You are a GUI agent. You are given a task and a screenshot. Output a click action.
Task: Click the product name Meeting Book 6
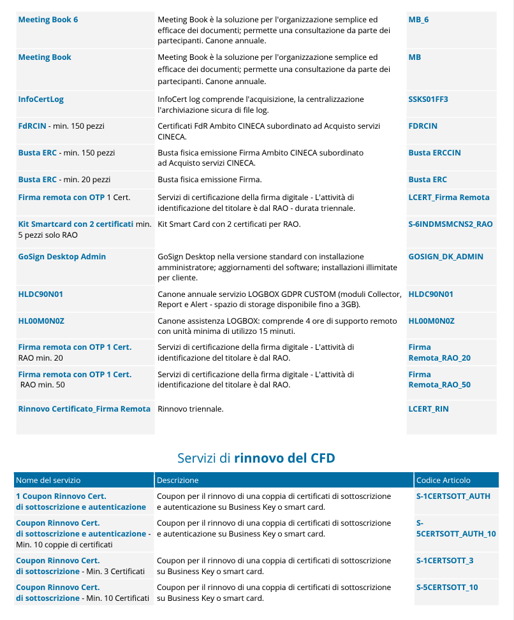point(48,20)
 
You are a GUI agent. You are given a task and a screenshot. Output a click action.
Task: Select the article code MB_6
point(418,20)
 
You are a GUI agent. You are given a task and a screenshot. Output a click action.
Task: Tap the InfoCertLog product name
point(41,99)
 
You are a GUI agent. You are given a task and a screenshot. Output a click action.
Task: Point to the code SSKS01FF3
point(428,99)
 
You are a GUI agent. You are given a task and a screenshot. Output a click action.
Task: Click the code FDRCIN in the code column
point(423,126)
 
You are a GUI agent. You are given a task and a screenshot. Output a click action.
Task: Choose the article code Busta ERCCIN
point(434,153)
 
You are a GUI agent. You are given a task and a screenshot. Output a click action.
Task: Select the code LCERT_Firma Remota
point(449,198)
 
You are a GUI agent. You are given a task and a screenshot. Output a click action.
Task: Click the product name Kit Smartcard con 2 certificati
point(75,224)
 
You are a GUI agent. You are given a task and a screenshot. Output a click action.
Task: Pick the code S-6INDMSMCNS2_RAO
point(450,224)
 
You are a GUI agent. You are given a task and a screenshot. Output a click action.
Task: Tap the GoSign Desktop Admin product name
point(62,257)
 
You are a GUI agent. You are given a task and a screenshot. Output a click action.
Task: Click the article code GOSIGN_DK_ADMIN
point(446,257)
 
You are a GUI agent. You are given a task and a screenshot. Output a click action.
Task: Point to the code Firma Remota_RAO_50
point(439,380)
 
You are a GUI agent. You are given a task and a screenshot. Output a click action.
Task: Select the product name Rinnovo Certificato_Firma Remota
point(84,409)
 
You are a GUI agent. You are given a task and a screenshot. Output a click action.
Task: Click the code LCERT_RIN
point(429,409)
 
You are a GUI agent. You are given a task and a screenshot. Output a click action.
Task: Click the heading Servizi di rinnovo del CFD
point(256,458)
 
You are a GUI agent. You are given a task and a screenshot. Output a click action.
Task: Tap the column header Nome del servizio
point(48,480)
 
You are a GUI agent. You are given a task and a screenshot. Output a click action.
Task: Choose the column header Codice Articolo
point(443,480)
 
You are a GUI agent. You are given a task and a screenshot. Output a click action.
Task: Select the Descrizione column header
point(178,480)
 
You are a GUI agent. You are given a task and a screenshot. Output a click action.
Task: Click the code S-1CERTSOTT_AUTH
point(453,496)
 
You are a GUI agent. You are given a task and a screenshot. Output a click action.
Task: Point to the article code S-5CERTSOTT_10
point(447,588)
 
